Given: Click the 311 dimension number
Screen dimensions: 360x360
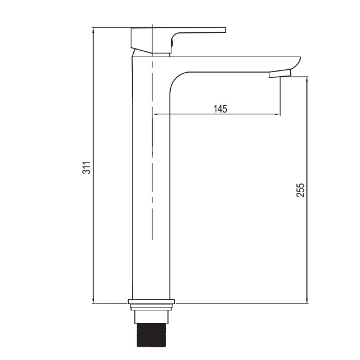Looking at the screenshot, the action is coord(87,168).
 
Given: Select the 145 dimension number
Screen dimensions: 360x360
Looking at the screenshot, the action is coord(220,108).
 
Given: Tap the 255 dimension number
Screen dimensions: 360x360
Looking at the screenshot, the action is coord(300,190).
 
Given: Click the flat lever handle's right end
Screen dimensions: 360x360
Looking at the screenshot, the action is coord(226,30).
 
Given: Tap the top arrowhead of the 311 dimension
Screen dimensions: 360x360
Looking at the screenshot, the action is coord(93,30).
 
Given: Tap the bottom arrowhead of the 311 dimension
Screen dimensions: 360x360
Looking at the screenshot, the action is coord(93,301).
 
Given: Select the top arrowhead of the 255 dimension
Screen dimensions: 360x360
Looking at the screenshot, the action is coord(307,80).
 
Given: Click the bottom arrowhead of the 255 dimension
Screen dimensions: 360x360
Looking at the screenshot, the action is coord(307,301).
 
